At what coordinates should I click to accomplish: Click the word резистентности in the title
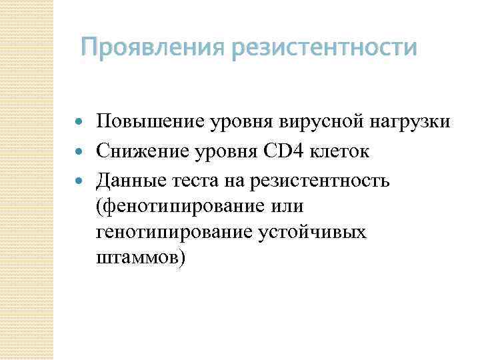325,49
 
